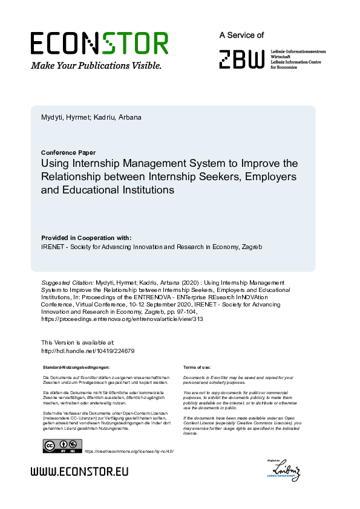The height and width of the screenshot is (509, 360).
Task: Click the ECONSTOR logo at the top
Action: (x=99, y=44)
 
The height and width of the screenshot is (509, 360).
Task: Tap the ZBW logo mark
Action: (x=241, y=59)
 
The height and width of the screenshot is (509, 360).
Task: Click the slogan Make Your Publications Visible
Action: (x=96, y=65)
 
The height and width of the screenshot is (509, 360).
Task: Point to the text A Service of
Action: (x=241, y=36)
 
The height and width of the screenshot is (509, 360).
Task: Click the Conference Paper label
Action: (x=68, y=152)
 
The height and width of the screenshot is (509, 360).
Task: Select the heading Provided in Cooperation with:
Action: (x=86, y=238)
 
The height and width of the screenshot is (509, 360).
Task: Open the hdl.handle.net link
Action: (x=87, y=351)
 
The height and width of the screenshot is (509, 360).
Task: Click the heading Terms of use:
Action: (x=197, y=368)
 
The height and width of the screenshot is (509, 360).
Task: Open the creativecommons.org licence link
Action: (x=129, y=451)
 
